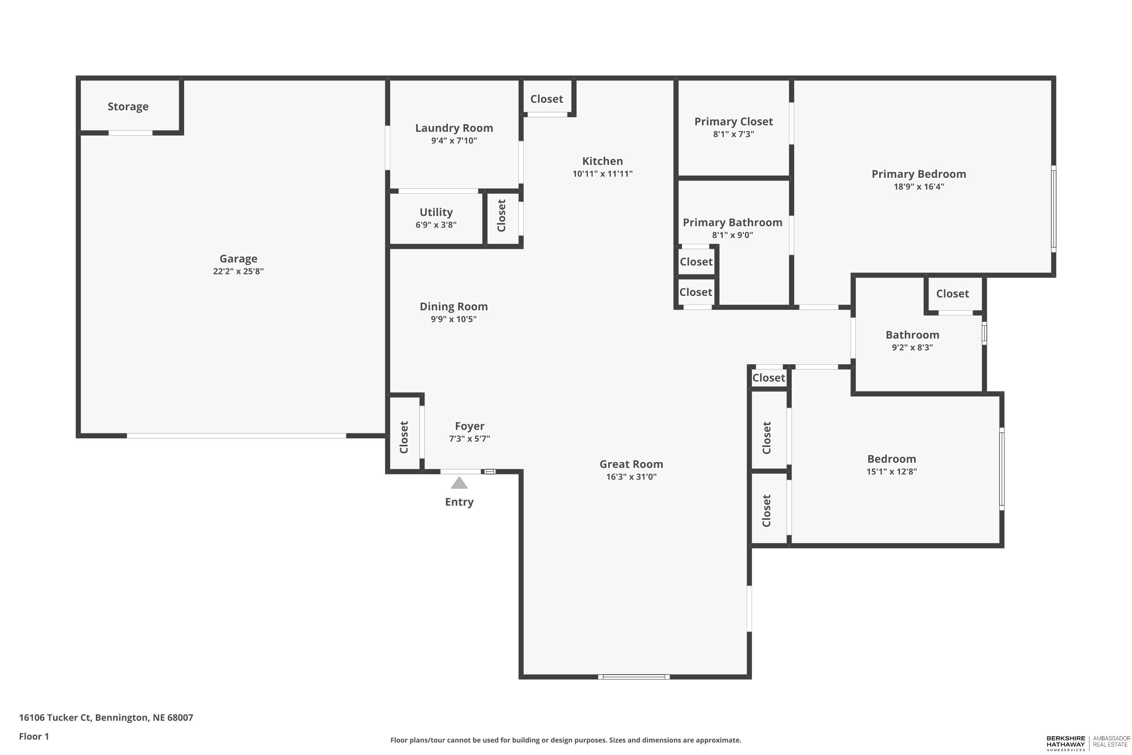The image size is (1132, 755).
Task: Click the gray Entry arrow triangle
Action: [459, 483]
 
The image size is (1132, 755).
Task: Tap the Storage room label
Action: [128, 106]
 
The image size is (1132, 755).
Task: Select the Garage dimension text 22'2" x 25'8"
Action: [238, 271]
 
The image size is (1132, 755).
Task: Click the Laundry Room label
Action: [454, 128]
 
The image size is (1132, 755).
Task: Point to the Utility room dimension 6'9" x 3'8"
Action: [436, 225]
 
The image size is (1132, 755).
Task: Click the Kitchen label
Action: [602, 161]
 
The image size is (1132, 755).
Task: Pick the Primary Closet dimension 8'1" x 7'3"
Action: [734, 134]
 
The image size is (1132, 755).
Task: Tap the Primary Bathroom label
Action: [732, 222]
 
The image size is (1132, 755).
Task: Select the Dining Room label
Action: [454, 307]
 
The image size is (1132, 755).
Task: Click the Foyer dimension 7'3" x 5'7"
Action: [469, 439]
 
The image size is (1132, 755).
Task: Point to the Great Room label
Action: [631, 464]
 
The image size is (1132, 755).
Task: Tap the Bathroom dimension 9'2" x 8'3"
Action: [912, 348]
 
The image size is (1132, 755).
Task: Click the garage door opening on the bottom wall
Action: [236, 436]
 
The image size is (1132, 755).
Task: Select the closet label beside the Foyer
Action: [404, 437]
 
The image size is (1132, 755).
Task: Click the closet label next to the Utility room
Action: [501, 216]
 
